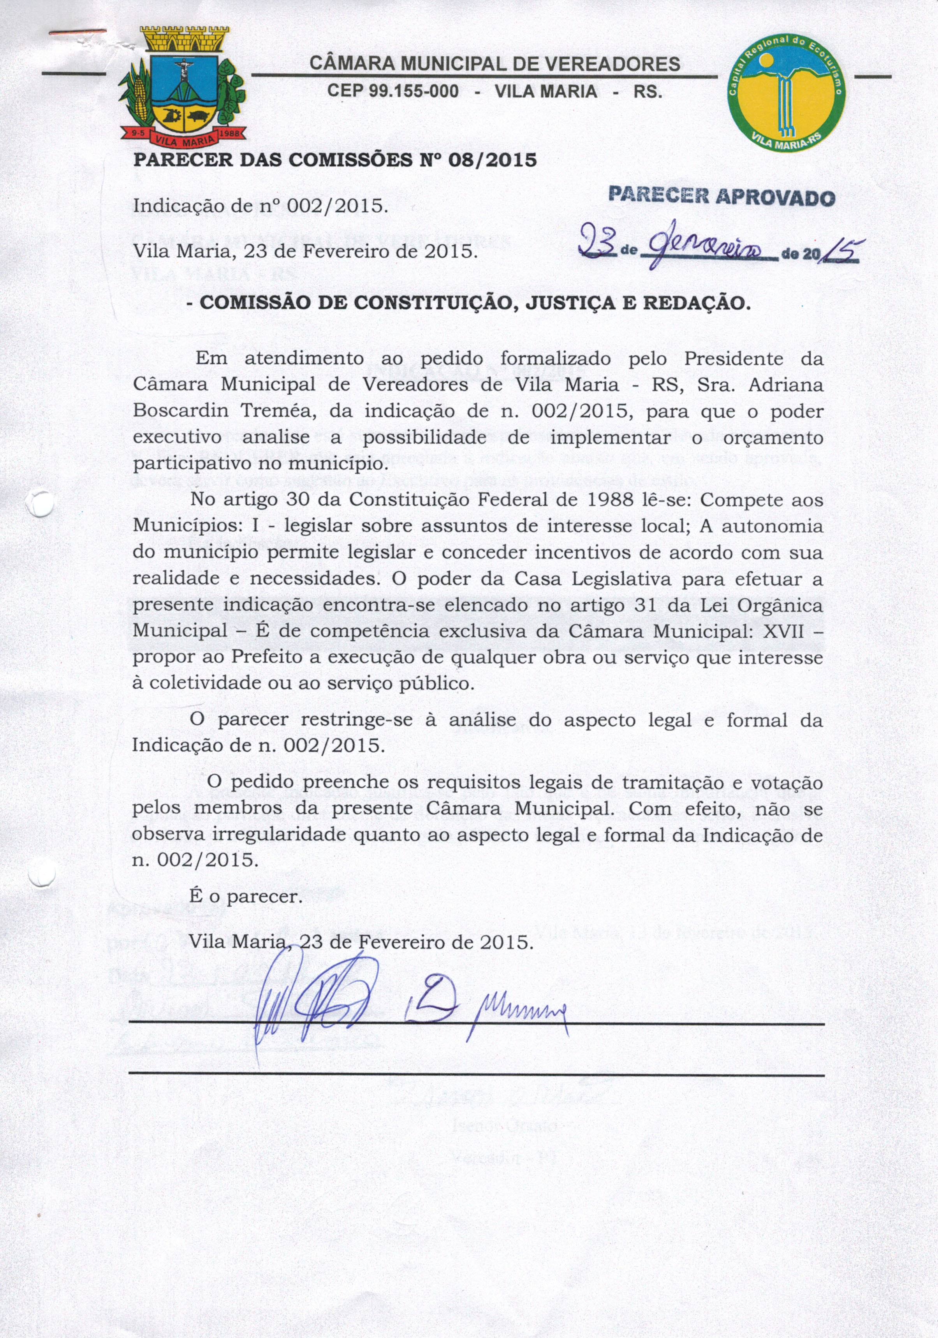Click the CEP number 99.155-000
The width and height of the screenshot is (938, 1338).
pyautogui.click(x=393, y=91)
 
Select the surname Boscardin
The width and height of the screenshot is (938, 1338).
pyautogui.click(x=180, y=411)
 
